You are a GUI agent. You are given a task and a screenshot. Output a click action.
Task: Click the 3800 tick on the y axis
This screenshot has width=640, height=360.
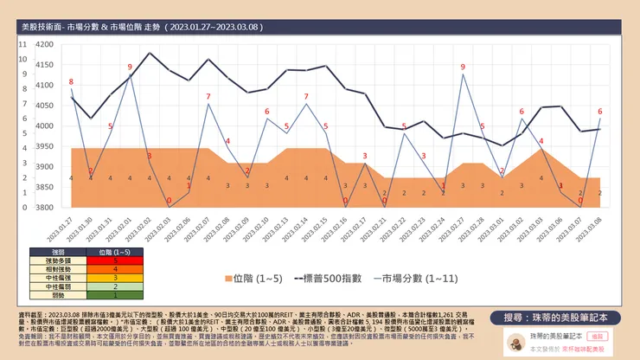point(43,208)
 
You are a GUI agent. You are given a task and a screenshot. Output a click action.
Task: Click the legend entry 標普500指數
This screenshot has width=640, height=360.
point(320,279)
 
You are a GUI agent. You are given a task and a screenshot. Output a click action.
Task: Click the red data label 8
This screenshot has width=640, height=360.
point(71,82)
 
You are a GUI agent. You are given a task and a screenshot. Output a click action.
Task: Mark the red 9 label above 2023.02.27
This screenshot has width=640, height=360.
point(463,67)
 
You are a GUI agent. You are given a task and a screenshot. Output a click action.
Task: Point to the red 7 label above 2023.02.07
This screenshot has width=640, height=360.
point(208,96)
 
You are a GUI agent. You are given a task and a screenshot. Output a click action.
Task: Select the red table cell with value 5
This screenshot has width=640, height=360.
point(115,259)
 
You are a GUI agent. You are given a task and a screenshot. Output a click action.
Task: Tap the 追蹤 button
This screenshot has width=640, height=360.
point(619,334)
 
